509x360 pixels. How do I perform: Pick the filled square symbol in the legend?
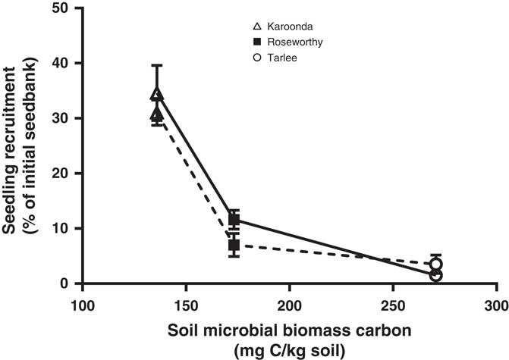pos(236,42)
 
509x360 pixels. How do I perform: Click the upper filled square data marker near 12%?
pos(234,220)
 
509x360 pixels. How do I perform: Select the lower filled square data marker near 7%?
pos(234,245)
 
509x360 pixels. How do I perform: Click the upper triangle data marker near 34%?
pos(157,95)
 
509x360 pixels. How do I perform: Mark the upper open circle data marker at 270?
pos(435,265)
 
